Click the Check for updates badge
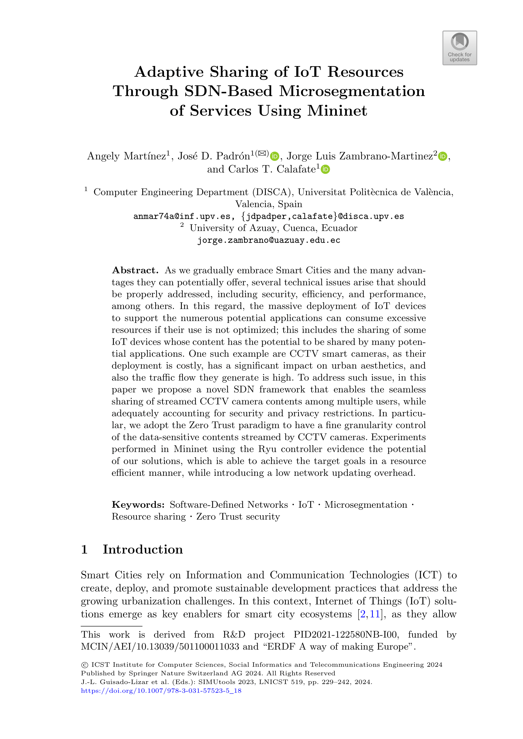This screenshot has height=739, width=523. [x=459, y=48]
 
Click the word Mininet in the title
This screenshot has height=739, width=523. [x=337, y=111]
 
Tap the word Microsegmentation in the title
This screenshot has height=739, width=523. [x=352, y=91]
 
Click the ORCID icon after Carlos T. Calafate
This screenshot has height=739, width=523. [x=326, y=169]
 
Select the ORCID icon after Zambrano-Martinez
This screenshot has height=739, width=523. [x=443, y=156]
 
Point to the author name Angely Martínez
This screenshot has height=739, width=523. [x=127, y=156]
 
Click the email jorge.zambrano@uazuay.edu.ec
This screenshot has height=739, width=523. [x=268, y=240]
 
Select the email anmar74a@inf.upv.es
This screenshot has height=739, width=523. [x=182, y=216]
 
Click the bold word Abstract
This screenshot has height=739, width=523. [x=135, y=270]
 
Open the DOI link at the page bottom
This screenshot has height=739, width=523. [x=161, y=691]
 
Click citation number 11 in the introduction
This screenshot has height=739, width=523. [x=375, y=614]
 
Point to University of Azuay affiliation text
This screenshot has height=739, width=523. [x=273, y=228]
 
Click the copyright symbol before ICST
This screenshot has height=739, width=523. [x=85, y=665]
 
